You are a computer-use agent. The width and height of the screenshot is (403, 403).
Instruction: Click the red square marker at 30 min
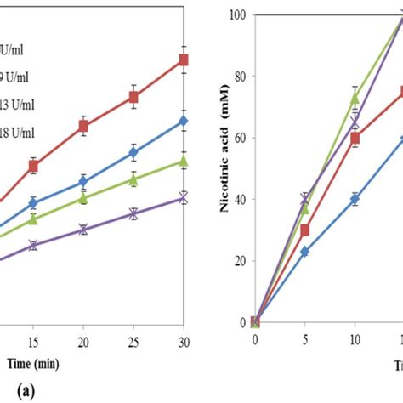[x=183, y=60]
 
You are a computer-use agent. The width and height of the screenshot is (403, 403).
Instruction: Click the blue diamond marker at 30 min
[x=183, y=121]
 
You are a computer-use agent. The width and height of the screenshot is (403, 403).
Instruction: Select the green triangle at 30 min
[x=183, y=161]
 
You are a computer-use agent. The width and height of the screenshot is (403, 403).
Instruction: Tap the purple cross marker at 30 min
[x=183, y=198]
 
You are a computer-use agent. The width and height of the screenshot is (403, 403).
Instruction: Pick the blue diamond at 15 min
[x=33, y=202]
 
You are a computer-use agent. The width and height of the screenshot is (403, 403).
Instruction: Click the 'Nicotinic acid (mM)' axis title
[x=221, y=162]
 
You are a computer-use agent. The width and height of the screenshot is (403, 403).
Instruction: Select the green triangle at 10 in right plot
[x=355, y=99]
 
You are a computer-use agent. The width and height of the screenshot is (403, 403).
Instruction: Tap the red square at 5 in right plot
[x=304, y=230]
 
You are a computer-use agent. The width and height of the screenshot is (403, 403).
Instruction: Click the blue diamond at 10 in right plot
[x=355, y=199]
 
